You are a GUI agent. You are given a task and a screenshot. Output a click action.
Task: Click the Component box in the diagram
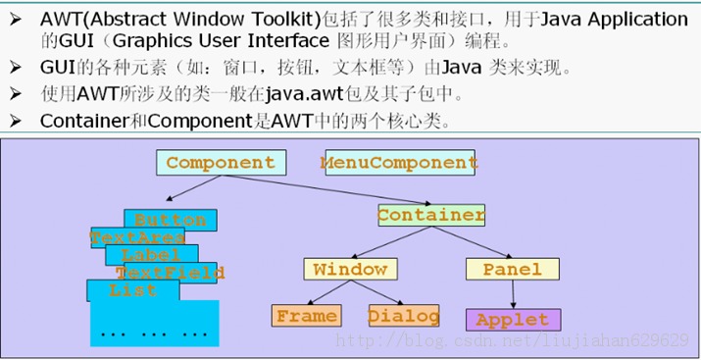(x=222, y=162)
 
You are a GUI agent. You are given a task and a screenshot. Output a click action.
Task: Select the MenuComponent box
(x=400, y=162)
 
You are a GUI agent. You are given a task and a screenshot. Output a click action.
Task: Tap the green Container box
(x=431, y=215)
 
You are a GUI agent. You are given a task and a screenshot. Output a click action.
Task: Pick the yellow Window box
(x=351, y=269)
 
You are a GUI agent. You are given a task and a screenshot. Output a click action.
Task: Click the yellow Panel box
(x=513, y=269)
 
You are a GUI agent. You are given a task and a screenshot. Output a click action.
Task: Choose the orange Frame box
(x=307, y=316)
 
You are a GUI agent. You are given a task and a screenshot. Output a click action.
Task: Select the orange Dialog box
(x=404, y=316)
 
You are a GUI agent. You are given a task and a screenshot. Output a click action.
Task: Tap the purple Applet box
(x=513, y=320)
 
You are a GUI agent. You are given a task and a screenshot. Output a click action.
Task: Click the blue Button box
(x=171, y=220)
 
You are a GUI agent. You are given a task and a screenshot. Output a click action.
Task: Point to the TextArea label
(x=137, y=237)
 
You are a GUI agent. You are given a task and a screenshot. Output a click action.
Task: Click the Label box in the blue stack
(x=152, y=255)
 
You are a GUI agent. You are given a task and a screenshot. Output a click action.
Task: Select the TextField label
(x=171, y=273)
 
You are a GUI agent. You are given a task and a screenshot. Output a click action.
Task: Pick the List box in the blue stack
(x=133, y=290)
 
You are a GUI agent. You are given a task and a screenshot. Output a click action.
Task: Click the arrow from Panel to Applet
(x=513, y=294)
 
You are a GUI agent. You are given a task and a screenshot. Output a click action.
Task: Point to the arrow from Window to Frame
(x=328, y=292)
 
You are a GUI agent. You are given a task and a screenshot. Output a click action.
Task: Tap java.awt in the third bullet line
(x=304, y=94)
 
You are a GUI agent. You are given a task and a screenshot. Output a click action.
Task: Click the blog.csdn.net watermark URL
(x=512, y=340)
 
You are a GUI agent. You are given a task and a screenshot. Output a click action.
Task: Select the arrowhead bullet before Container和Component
(x=16, y=122)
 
